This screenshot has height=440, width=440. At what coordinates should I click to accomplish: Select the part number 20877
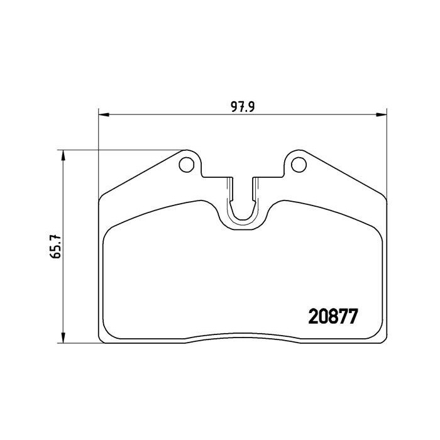[333, 317]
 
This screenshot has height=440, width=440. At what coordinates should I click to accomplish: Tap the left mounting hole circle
[187, 164]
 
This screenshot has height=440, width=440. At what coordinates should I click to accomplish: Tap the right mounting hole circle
[297, 164]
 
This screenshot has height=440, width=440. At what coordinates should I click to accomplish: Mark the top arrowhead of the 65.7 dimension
[62, 154]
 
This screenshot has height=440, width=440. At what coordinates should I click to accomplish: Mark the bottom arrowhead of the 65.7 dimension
[62, 339]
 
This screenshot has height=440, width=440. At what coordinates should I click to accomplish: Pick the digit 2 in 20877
[313, 317]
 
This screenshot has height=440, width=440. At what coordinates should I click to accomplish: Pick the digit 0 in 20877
[323, 317]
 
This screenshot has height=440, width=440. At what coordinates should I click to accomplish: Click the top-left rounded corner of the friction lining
[111, 229]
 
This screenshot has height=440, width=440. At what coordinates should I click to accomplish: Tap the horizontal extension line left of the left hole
[126, 150]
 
